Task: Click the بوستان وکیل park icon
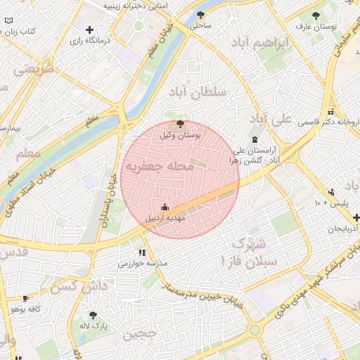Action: click(x=181, y=124)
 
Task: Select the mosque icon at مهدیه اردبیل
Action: click(x=165, y=207)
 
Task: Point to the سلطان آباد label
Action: click(x=197, y=91)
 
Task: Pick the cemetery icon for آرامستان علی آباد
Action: click(x=254, y=139)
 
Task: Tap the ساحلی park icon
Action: click(x=201, y=14)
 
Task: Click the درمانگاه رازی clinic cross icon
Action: click(x=89, y=30)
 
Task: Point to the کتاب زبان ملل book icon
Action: click(x=8, y=32)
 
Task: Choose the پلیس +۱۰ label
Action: click(x=331, y=203)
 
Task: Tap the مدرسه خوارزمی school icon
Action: click(x=143, y=252)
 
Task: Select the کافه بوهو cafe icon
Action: click(x=26, y=298)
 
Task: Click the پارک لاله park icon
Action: click(x=93, y=315)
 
